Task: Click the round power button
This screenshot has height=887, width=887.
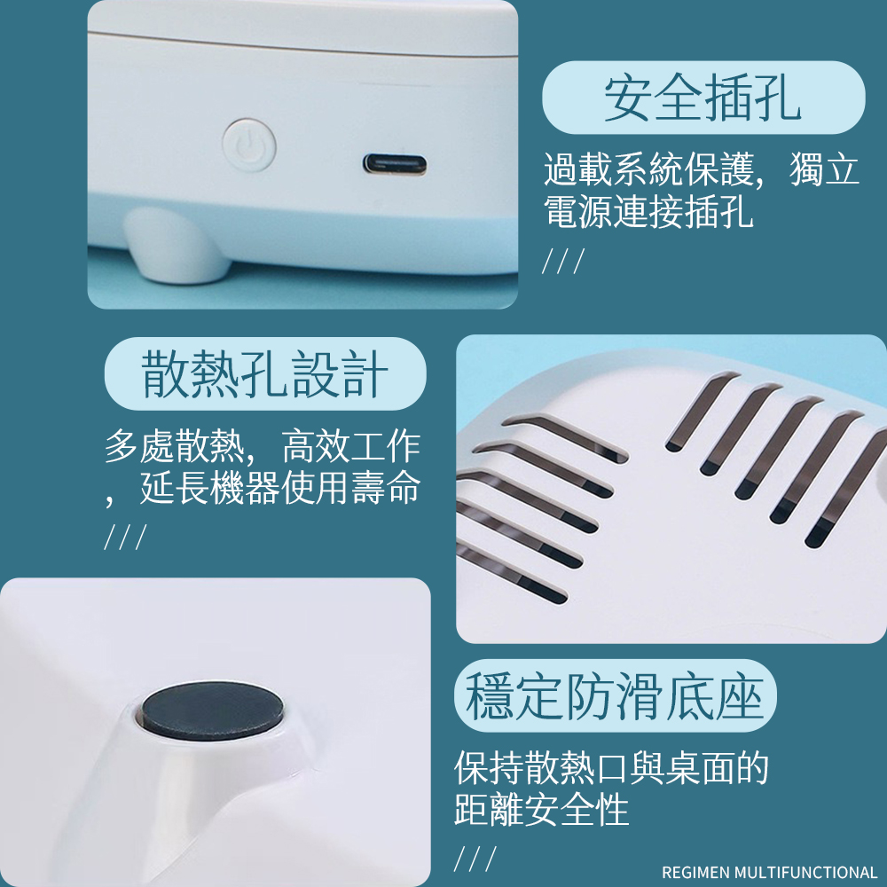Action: tap(249, 145)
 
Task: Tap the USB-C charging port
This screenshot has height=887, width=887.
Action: tap(395, 165)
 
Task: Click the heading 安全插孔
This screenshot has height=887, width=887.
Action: tap(703, 98)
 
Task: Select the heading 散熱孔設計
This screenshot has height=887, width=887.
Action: tap(264, 373)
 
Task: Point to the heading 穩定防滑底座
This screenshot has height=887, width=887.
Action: tap(615, 695)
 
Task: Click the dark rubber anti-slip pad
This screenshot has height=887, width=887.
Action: tap(213, 710)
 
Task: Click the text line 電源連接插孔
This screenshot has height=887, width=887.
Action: tap(648, 211)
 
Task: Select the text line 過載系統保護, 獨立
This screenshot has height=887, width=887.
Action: tap(702, 169)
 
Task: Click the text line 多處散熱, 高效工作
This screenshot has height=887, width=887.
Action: tap(263, 446)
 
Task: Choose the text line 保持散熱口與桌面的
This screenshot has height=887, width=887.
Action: tap(611, 767)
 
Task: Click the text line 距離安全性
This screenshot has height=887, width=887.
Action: tap(541, 809)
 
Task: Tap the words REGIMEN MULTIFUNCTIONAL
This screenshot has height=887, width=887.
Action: tap(769, 872)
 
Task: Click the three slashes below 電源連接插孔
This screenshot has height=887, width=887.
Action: tap(563, 260)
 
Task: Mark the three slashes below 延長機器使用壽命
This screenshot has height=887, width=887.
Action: tap(126, 537)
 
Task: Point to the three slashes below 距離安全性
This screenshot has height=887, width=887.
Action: tap(475, 858)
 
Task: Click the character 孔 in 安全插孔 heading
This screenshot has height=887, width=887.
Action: tap(777, 98)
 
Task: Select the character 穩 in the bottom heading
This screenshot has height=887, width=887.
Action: tap(490, 695)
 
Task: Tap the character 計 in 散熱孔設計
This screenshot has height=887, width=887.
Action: tap(365, 373)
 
